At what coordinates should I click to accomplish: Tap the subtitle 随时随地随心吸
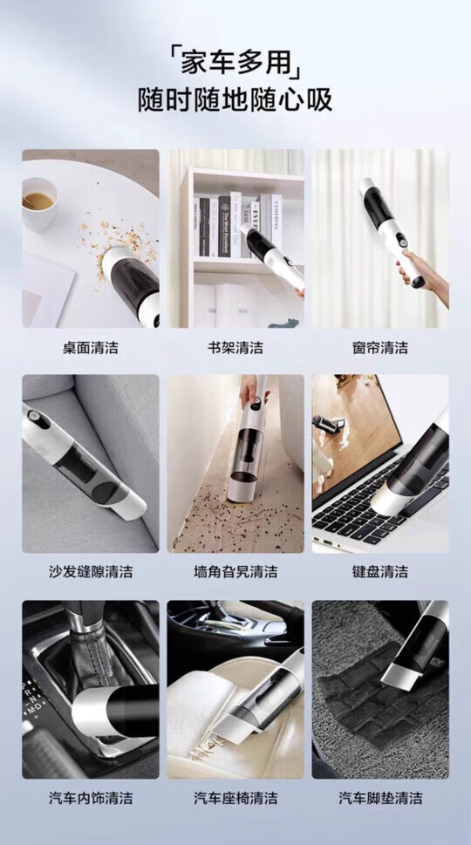coord(235,100)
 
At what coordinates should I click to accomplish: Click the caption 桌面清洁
coord(91,348)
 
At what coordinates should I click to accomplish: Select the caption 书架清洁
coord(235,348)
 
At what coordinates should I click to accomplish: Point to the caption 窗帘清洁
coord(380,348)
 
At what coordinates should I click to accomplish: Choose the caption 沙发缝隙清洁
coord(91,571)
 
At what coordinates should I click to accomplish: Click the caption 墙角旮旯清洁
coord(235,571)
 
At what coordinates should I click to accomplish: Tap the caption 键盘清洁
coord(380,571)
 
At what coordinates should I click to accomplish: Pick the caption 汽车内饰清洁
coord(91,798)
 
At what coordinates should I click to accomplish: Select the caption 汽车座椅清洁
coord(235,798)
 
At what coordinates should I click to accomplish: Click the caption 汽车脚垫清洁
coord(380,798)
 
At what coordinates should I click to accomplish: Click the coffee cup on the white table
coord(38,203)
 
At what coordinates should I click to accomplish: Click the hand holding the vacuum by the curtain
coord(423,276)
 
